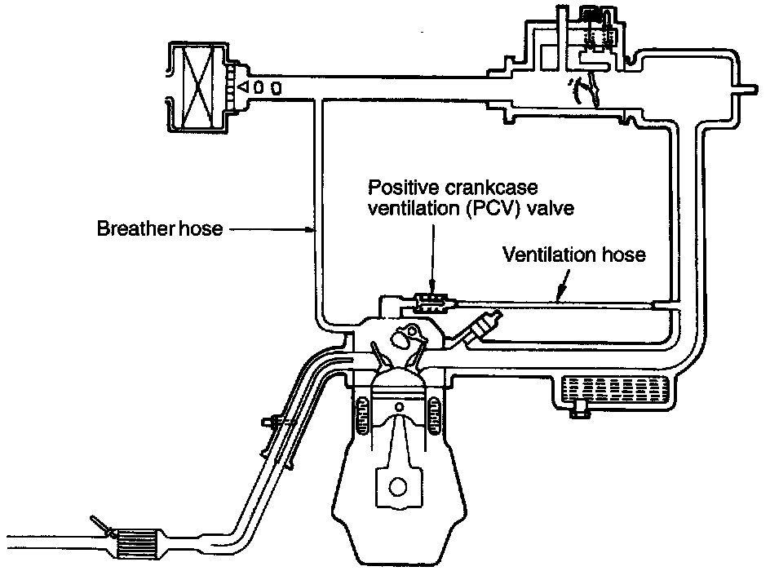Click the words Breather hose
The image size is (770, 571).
(158, 229)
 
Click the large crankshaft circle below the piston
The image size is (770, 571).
(398, 486)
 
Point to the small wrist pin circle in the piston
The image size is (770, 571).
(399, 405)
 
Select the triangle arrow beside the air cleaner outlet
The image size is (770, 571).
(243, 86)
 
